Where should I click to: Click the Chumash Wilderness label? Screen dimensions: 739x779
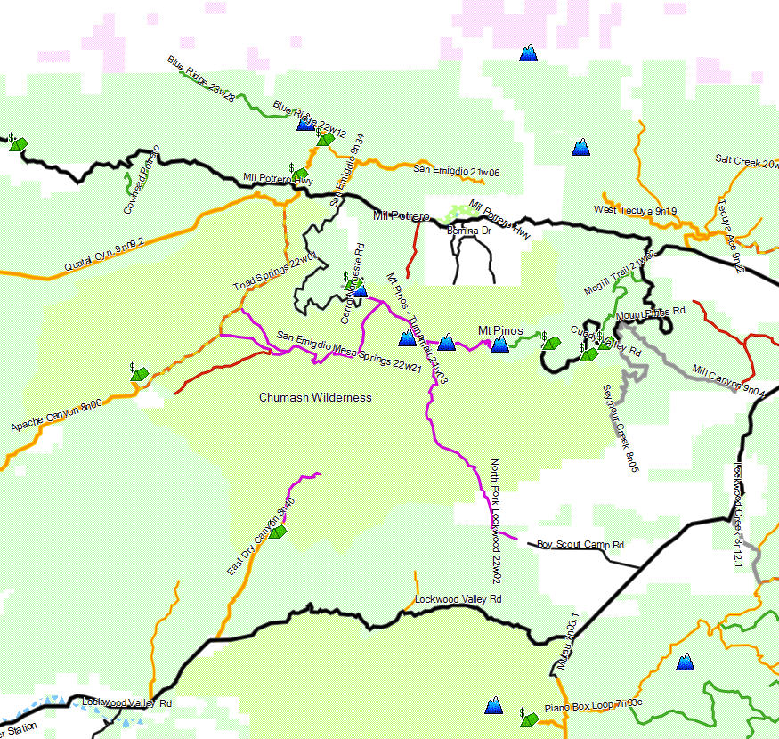pos(315,397)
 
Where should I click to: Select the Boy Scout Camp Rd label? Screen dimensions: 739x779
pos(580,545)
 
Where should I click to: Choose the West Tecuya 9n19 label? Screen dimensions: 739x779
pos(635,211)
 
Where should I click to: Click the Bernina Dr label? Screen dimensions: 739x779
pos(469,231)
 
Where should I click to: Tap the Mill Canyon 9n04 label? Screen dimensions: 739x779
pos(728,378)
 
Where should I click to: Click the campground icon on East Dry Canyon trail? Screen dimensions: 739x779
pos(278,532)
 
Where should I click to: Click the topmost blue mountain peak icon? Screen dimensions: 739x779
pos(529,53)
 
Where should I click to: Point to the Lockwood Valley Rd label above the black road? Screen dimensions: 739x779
pos(458,599)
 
